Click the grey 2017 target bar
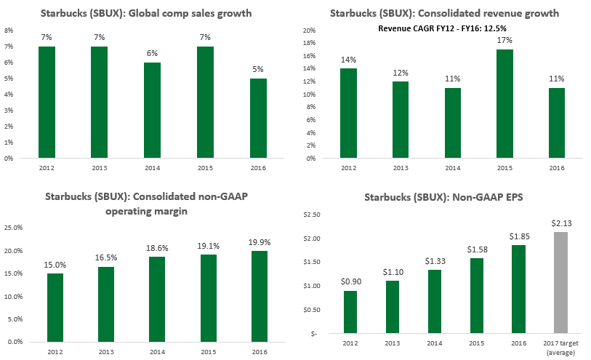tap(561, 282)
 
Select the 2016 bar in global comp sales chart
tap(258, 118)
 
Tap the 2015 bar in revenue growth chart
tap(504, 104)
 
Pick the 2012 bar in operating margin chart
tap(55, 308)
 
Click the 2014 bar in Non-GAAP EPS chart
tap(435, 302)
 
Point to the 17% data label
tap(504, 40)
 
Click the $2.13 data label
tap(561, 223)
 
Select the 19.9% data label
tap(260, 242)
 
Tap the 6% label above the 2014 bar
tap(152, 53)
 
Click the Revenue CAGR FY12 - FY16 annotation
tap(442, 28)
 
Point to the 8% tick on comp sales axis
tap(9, 31)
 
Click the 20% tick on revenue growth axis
tap(310, 31)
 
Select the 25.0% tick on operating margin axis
tap(14, 228)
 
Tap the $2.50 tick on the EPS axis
tap(312, 215)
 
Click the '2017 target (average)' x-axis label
tap(561, 348)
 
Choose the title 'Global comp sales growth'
tap(146, 14)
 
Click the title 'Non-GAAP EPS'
tap(443, 197)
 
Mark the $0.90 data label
tap(351, 281)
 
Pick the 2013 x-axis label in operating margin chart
tap(106, 352)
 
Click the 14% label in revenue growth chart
tap(349, 60)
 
